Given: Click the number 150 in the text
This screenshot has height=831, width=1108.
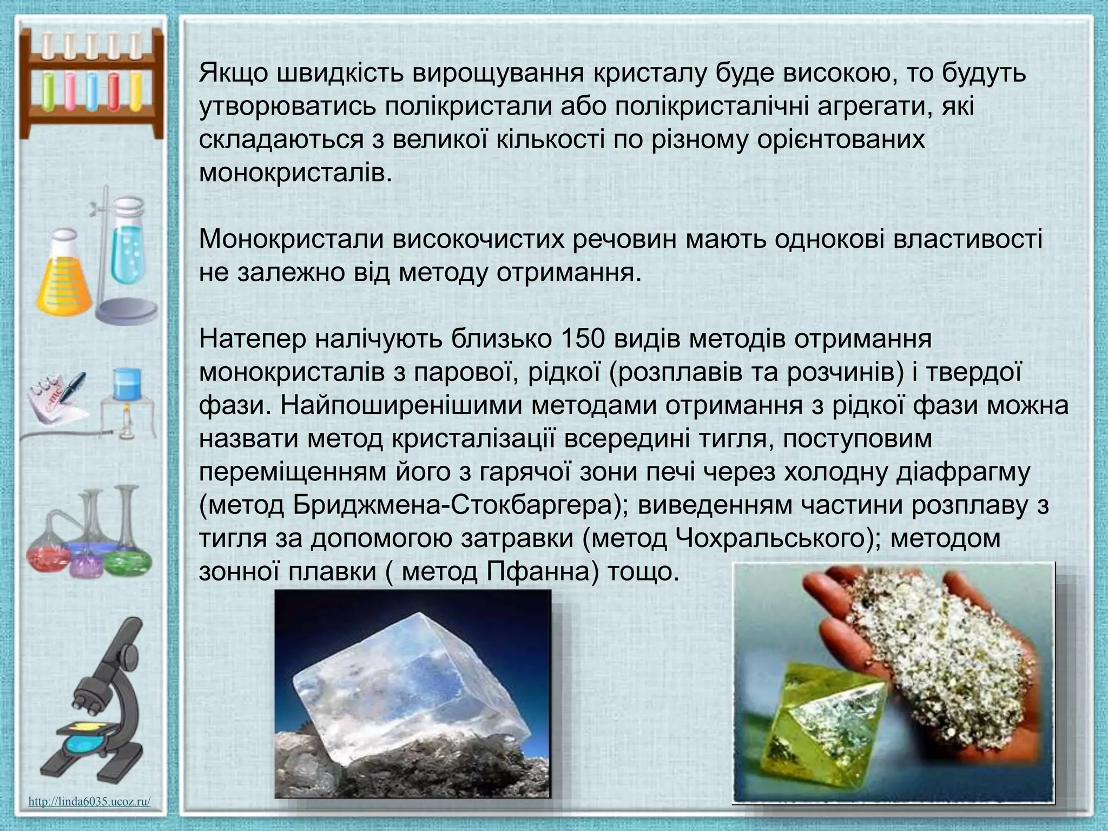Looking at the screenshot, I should (x=585, y=339).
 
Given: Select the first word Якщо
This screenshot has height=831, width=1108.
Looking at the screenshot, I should (x=234, y=74).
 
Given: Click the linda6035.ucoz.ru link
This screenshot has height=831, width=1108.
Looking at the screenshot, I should (x=89, y=801).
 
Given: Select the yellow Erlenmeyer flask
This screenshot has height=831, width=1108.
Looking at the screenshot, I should (x=64, y=276).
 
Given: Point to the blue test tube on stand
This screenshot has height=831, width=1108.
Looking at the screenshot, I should (x=127, y=243).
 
